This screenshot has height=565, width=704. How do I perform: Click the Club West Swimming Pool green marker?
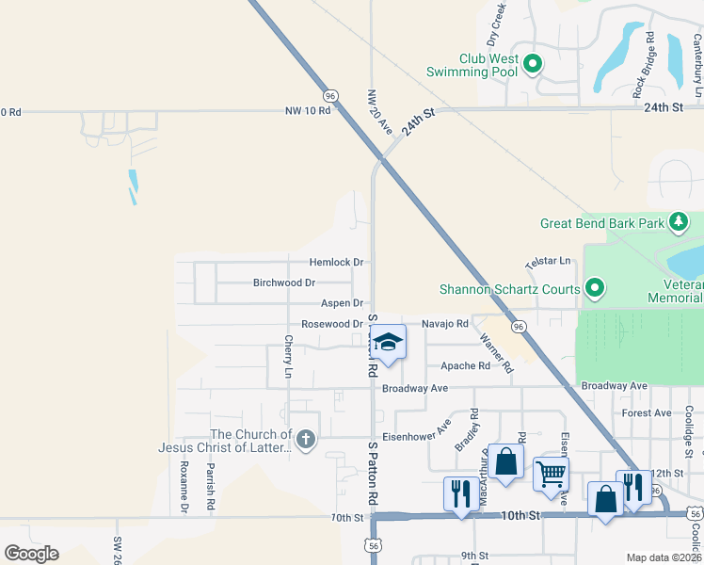click(x=532, y=64)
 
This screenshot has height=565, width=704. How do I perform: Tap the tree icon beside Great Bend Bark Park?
click(x=679, y=223)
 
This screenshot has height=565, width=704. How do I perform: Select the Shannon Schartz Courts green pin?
click(x=594, y=288)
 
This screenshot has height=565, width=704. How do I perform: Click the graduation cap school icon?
click(x=387, y=341)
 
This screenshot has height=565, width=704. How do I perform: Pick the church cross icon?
click(x=305, y=439)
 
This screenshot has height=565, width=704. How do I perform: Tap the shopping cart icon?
click(x=550, y=472)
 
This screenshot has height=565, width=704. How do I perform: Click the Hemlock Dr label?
click(x=337, y=262)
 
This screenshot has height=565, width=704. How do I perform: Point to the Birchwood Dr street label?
click(x=283, y=282)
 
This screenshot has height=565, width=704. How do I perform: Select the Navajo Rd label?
click(x=444, y=324)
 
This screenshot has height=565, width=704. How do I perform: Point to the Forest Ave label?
click(x=647, y=412)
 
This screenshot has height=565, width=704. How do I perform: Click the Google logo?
click(x=31, y=553)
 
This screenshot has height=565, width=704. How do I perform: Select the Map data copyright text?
click(x=663, y=557)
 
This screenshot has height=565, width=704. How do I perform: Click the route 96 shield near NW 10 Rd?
click(x=329, y=96)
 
